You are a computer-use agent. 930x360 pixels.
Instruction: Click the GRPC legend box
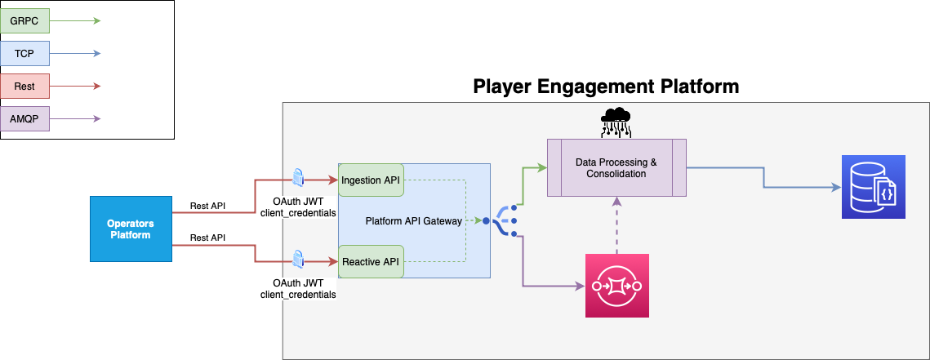24,20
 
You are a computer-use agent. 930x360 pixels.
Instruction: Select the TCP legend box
24,54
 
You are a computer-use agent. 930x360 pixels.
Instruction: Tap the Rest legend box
24,86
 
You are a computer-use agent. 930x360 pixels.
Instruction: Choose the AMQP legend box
24,119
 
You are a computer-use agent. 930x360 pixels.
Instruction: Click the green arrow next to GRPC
76,20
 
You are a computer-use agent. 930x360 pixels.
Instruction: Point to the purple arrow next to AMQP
76,119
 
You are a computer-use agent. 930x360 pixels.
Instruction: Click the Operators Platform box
131,229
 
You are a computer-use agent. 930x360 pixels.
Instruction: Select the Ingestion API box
372,180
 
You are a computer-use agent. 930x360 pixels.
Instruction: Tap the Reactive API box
372,261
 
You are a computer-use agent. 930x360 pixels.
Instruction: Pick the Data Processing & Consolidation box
616,168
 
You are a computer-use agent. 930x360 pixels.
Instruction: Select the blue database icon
874,189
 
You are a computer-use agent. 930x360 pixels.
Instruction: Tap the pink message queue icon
616,286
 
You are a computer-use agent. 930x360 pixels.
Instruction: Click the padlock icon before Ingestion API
299,177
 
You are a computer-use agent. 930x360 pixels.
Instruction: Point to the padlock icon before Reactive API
299,259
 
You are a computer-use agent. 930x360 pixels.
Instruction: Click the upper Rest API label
207,205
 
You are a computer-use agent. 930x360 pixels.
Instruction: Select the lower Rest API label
207,238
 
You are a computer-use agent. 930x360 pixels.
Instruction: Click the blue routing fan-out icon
501,220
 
